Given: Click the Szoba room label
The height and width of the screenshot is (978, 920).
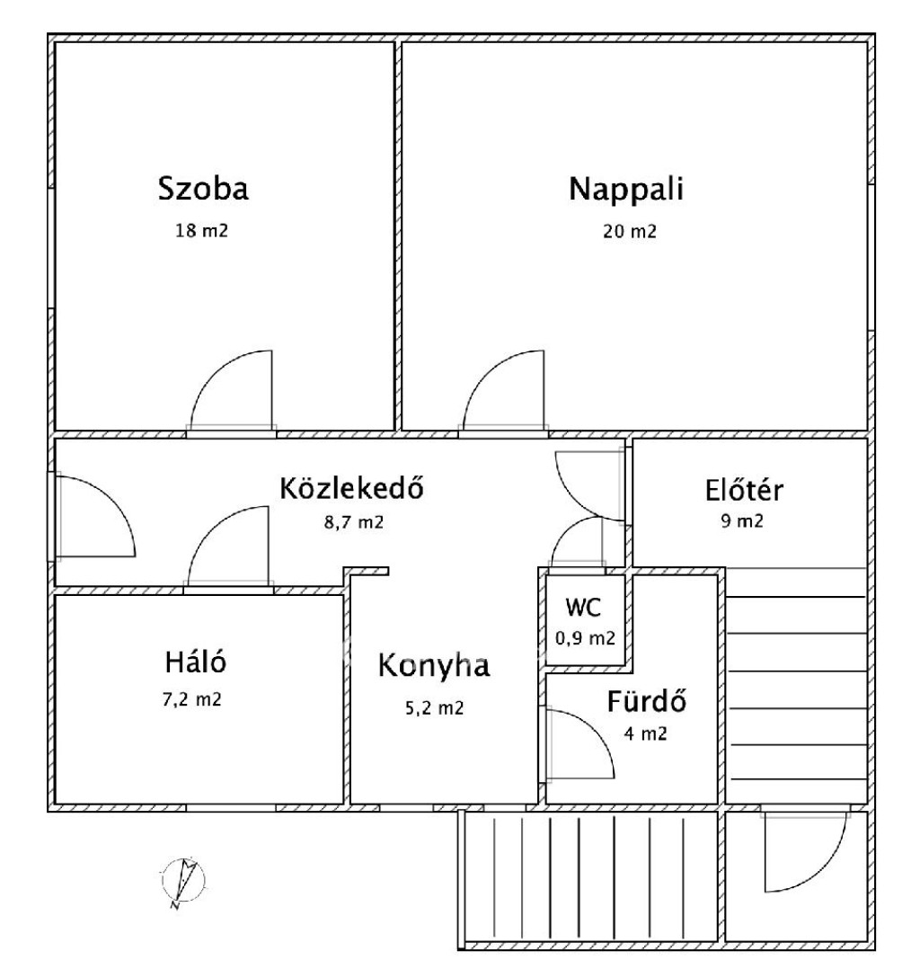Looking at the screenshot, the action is click(x=203, y=189).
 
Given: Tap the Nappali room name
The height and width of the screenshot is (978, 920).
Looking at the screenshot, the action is click(x=626, y=189).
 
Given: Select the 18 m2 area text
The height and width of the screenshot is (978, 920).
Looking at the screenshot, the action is click(x=202, y=231).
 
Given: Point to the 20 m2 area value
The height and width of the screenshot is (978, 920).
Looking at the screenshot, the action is click(x=630, y=231).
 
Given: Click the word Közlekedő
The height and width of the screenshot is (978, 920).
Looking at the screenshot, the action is click(x=351, y=488).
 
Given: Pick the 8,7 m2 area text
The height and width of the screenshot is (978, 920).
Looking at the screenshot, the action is click(x=353, y=522).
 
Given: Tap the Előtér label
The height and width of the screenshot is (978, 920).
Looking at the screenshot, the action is click(x=744, y=490).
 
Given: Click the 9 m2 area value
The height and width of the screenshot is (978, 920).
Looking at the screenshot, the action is click(x=742, y=520).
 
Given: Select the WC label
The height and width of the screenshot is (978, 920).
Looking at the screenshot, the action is click(x=583, y=607).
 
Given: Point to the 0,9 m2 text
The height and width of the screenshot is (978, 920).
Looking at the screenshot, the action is click(x=585, y=638).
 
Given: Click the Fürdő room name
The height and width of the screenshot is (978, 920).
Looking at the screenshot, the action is click(x=647, y=702).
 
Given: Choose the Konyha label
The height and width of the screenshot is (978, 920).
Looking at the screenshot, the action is click(x=434, y=666).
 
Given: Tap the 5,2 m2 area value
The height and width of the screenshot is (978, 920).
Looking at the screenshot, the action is click(x=435, y=708).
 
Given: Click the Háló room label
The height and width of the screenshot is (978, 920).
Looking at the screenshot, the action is click(x=195, y=662).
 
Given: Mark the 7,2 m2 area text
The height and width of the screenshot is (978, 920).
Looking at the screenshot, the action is click(x=192, y=699).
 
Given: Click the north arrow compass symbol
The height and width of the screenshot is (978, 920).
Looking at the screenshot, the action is click(x=182, y=881).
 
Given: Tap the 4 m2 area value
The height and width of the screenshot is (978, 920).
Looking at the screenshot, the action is click(x=646, y=733).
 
